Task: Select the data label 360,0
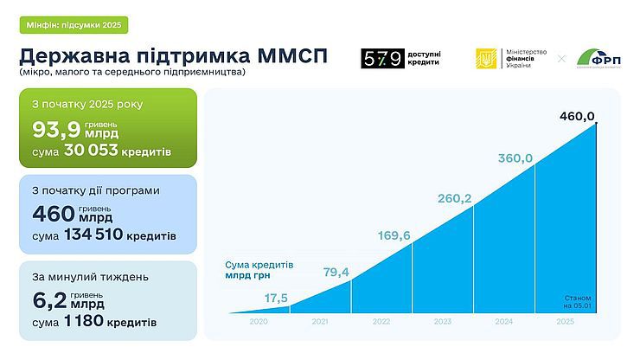pos(516,158)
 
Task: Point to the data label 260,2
pos(455,199)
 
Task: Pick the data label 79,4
pos(335,273)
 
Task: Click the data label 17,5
pos(277,299)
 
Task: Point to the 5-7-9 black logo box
pos(382,59)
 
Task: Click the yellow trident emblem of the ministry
pos(486,59)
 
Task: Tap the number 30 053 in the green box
pos(93,152)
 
